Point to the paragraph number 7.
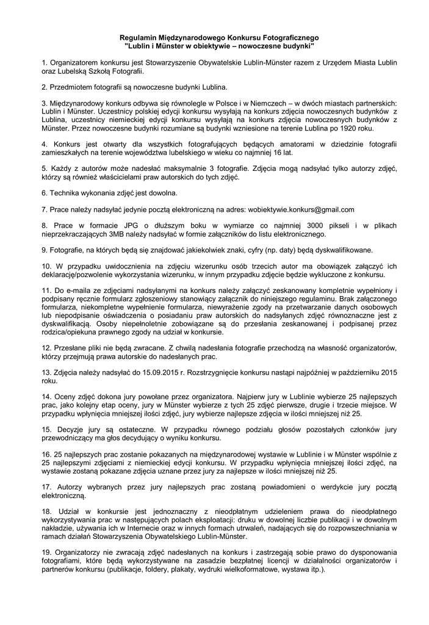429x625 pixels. (45, 209)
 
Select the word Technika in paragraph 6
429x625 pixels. (66, 193)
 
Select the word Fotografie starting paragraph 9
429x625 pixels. (67, 250)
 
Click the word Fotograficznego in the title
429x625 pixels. (281, 38)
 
